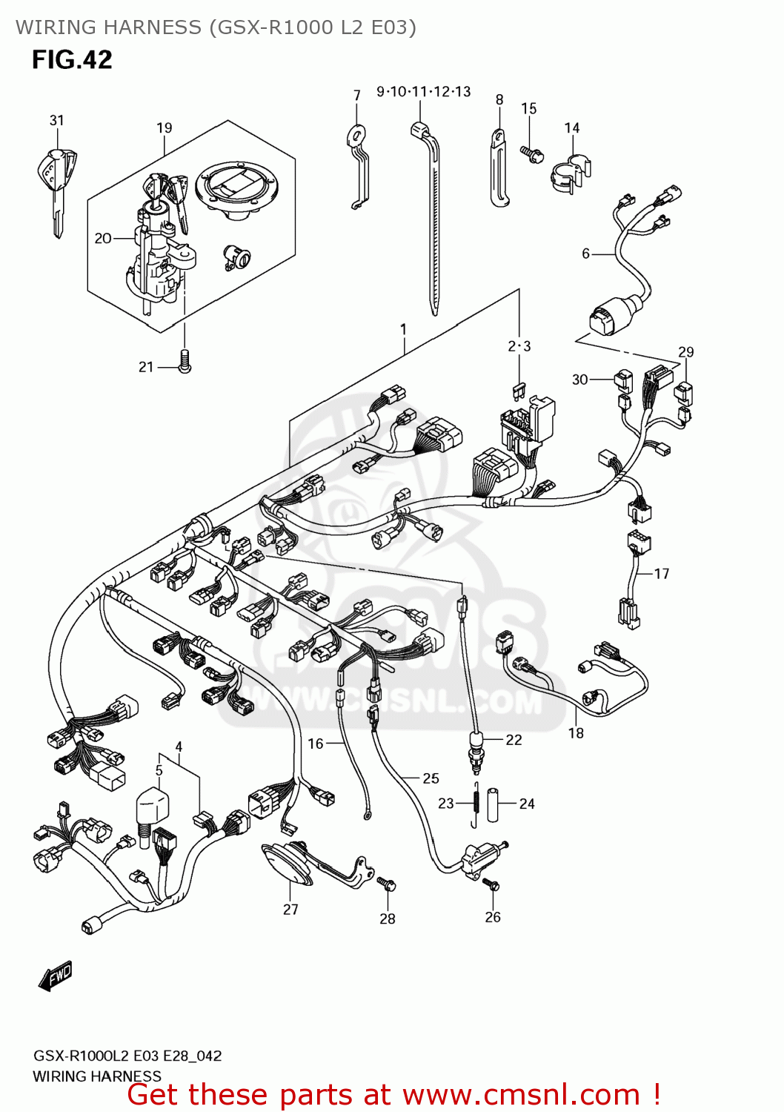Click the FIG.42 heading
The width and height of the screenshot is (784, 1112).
[x=72, y=59]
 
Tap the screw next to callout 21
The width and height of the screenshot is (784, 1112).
[x=185, y=361]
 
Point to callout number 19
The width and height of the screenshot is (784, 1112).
[x=164, y=128]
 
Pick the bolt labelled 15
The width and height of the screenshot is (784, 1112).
[x=532, y=154]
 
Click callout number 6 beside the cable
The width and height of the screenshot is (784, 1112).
[x=585, y=254]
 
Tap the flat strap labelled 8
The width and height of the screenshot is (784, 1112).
[x=498, y=169]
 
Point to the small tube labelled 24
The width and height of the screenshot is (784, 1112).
[x=493, y=804]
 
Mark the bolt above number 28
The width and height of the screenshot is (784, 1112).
[x=387, y=884]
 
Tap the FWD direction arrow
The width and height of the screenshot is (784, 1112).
[x=56, y=976]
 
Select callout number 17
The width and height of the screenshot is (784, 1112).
[x=661, y=573]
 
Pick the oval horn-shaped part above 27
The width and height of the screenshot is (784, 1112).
[x=288, y=864]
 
